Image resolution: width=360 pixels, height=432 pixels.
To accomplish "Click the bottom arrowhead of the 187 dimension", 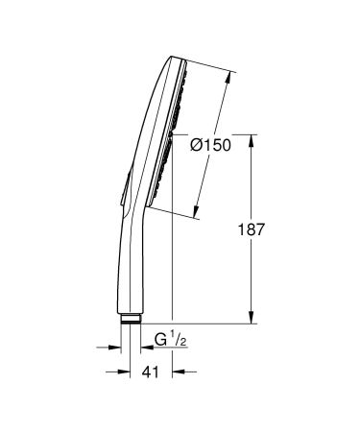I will coord(252,322).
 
